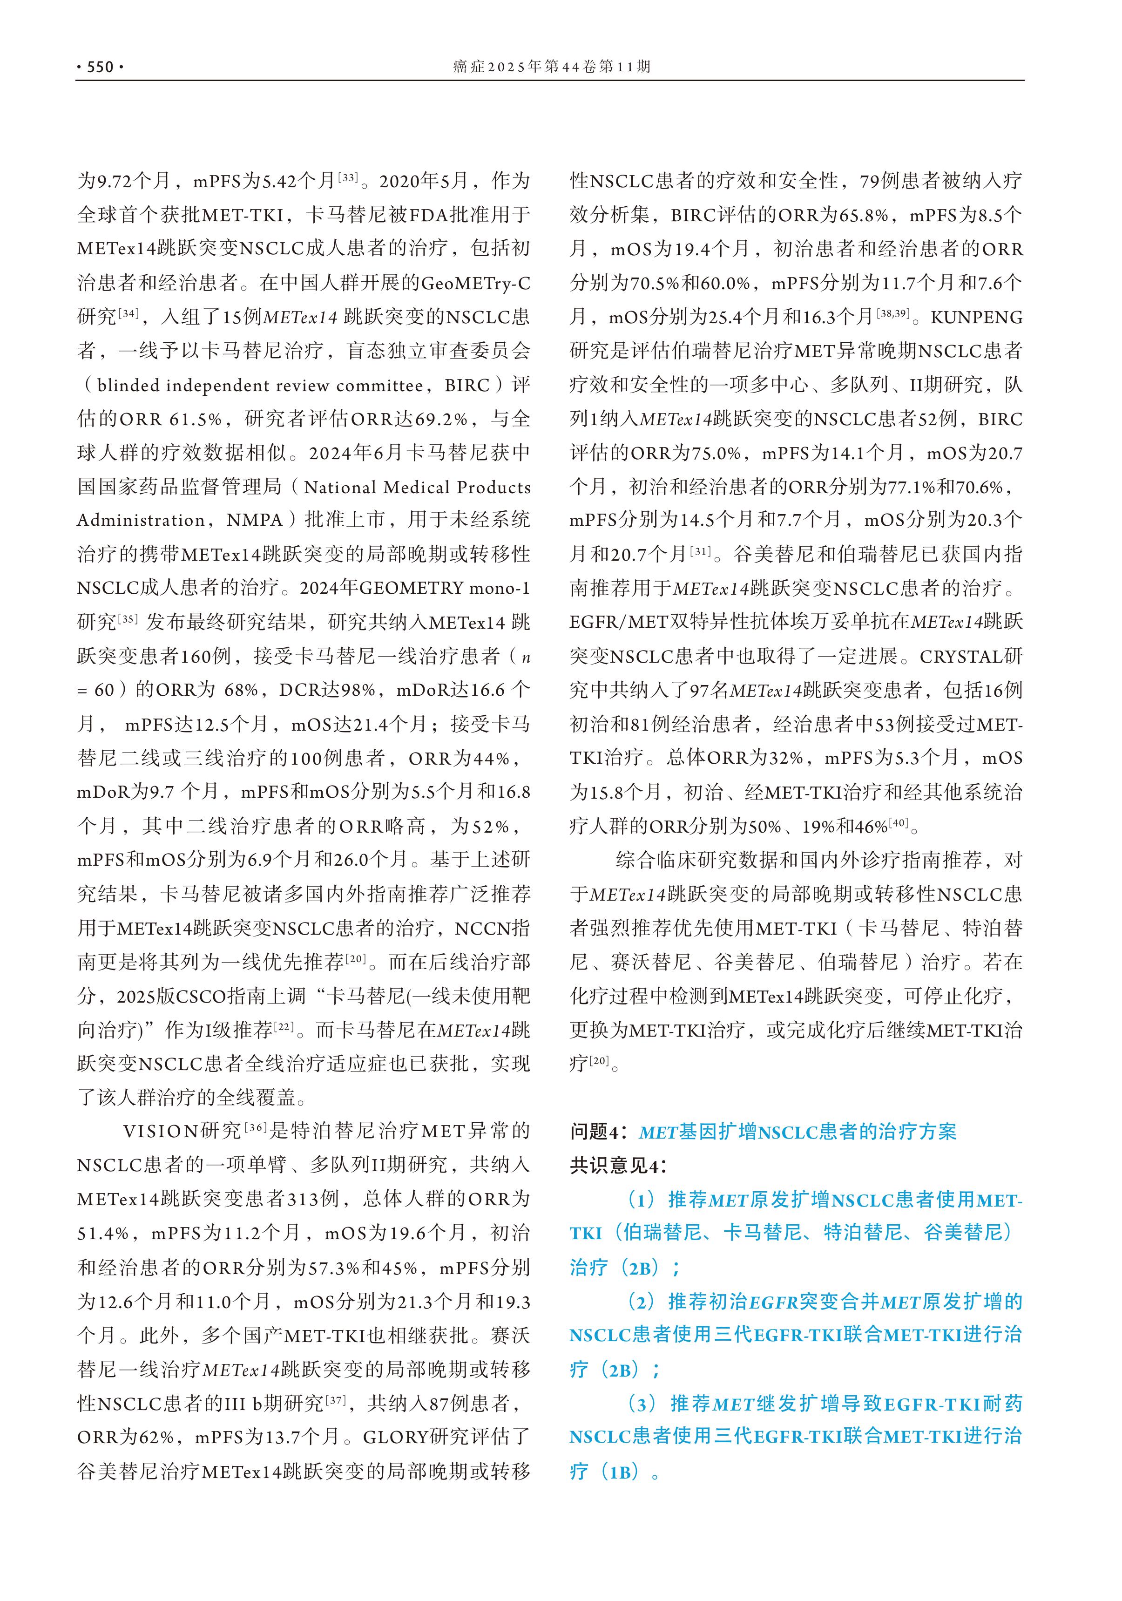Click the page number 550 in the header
point(99,67)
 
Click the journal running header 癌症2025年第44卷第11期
point(551,66)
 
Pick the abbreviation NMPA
point(255,520)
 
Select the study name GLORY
point(395,1437)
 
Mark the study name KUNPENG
point(976,317)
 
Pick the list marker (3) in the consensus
point(642,1404)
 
